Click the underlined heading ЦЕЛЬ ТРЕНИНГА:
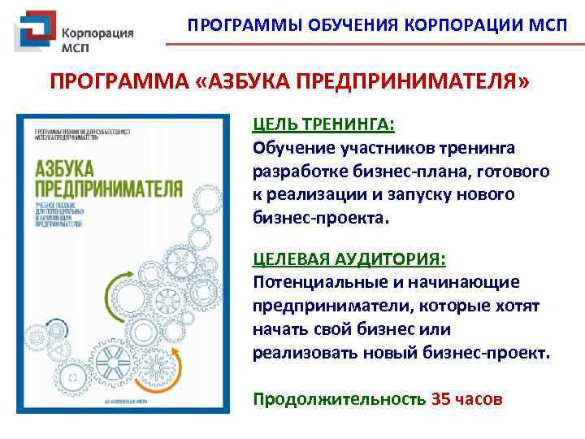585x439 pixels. coord(323,124)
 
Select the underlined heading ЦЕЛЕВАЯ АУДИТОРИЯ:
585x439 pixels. coord(349,259)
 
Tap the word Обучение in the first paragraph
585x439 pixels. coord(291,148)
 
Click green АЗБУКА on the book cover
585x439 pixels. coord(64,172)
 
